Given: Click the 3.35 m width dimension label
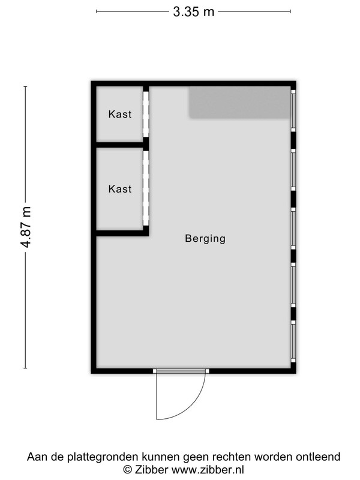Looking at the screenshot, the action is tap(193, 12).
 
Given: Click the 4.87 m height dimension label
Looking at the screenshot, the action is tap(26, 227).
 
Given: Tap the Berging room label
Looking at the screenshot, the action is tap(205, 238).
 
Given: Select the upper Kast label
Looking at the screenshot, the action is tap(120, 114).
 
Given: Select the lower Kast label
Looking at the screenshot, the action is tap(120, 189).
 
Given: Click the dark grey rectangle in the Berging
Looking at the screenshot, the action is tap(239, 102).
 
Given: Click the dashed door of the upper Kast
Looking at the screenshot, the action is tap(146, 114).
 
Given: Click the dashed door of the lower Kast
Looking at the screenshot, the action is tap(146, 188).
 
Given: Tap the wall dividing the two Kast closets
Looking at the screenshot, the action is tap(120, 145).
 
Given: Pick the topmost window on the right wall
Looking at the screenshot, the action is tap(293, 110).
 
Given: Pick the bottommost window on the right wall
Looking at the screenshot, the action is tap(293, 341).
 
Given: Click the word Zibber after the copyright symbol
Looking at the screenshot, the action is tap(150, 470).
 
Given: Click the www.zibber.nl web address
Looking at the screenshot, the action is tap(208, 470).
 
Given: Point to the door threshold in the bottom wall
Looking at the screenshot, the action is tap(181, 371).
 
